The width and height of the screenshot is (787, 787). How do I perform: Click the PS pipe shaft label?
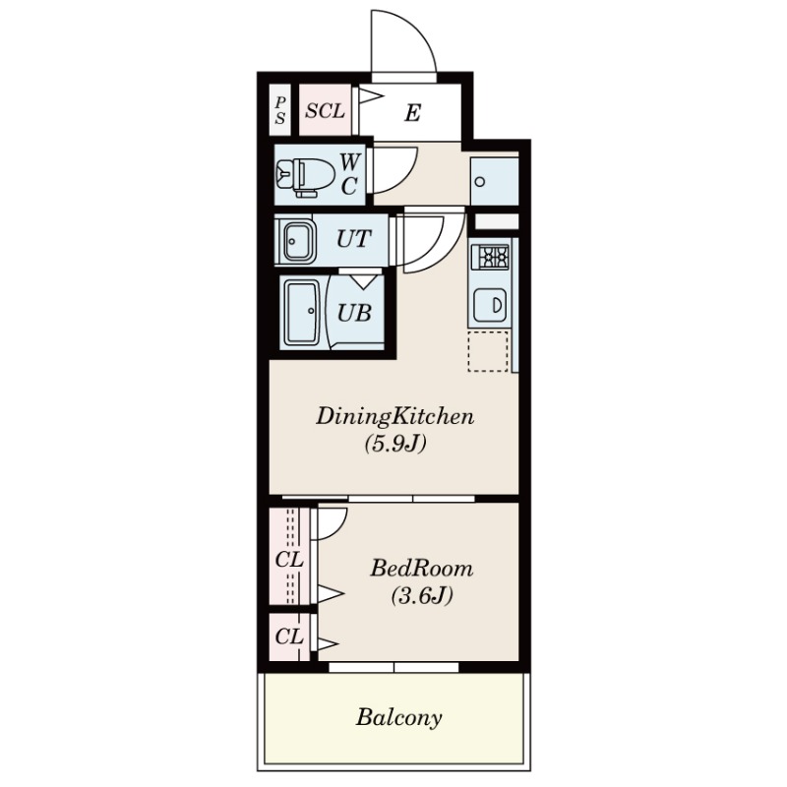tap(280, 110)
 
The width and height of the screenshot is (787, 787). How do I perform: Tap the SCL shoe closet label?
tap(326, 111)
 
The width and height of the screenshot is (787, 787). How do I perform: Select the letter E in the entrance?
tap(412, 113)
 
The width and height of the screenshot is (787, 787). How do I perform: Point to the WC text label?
tap(350, 174)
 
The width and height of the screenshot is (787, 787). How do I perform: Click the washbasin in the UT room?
tap(299, 240)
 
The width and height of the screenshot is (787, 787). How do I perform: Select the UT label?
tap(353, 239)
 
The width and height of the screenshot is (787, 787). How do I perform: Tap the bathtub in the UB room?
tap(302, 312)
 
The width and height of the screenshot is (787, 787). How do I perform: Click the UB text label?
tap(354, 313)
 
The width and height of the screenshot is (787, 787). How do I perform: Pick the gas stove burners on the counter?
tap(490, 258)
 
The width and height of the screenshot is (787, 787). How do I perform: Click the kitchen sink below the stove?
tap(490, 304)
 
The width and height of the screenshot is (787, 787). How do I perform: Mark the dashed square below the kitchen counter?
tap(488, 351)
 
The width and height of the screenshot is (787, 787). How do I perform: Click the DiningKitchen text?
tap(394, 417)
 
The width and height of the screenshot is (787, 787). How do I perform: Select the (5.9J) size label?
tap(395, 444)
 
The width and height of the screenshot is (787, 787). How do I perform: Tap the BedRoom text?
tap(422, 569)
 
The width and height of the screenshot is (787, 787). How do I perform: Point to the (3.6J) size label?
tap(422, 596)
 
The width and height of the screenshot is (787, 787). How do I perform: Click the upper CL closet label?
tap(289, 559)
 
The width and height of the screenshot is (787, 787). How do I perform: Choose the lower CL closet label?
tap(289, 636)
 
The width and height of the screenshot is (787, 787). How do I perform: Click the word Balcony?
tap(399, 718)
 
